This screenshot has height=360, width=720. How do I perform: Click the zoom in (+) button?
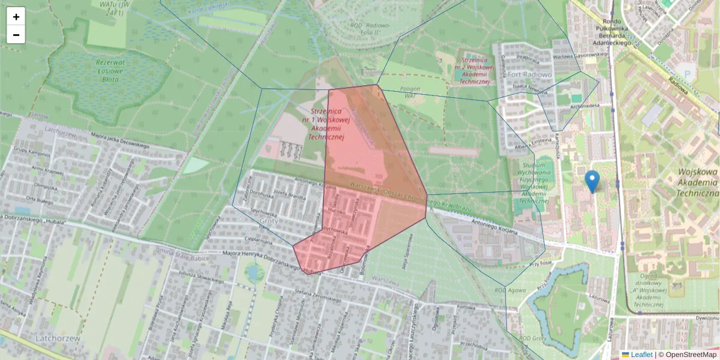pyautogui.click(x=16, y=16)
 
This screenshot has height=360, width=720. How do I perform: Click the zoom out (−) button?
pyautogui.click(x=16, y=35)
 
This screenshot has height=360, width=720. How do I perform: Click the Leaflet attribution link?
pyautogui.click(x=637, y=355)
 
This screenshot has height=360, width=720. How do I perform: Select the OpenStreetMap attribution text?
pyautogui.click(x=687, y=355)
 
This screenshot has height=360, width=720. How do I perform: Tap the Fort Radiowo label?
pyautogui.click(x=529, y=75)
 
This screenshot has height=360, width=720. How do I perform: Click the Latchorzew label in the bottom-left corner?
pyautogui.click(x=57, y=338)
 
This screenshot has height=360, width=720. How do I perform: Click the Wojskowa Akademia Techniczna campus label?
pyautogui.click(x=698, y=182)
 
